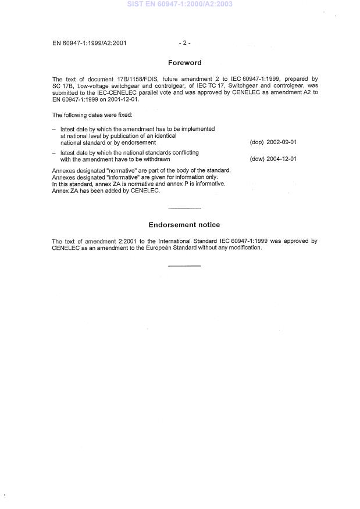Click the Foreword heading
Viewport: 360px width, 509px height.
184,63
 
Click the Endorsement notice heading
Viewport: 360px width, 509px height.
184,225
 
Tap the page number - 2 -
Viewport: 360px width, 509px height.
184,42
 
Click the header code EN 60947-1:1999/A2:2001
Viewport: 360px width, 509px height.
89,42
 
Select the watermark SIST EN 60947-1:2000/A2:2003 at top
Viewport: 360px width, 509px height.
180,4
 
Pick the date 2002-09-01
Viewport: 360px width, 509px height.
281,142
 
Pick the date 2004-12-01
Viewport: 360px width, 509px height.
281,159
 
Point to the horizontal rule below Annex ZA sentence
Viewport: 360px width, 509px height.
184,208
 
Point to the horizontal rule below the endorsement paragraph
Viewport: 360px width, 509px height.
184,266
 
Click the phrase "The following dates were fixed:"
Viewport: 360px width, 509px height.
92,115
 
